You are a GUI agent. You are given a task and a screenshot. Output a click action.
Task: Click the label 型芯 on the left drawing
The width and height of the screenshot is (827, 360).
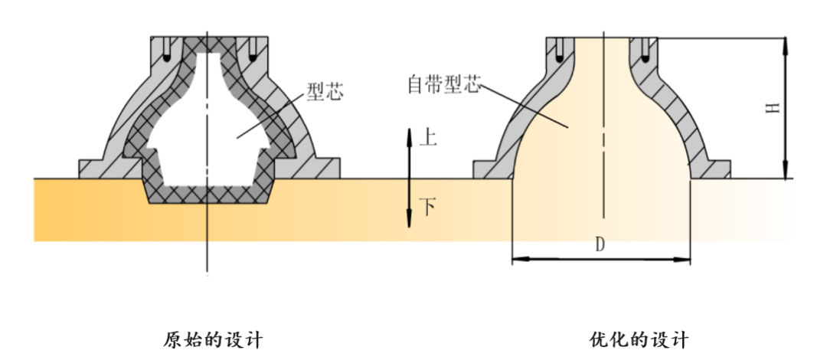[x=325, y=93]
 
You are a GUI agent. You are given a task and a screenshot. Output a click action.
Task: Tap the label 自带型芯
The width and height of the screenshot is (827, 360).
[x=444, y=84]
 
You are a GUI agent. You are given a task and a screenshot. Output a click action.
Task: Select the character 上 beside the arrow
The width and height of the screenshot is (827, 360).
[x=427, y=138]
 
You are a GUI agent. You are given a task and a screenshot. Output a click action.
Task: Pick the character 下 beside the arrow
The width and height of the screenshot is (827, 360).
[x=427, y=207]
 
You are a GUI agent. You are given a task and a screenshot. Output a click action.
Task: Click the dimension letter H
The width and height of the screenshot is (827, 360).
[x=773, y=108]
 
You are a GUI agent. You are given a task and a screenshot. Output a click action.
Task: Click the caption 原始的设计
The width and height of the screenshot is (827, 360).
[x=213, y=339]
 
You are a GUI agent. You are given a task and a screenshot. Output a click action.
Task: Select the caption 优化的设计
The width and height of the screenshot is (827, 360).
[x=639, y=339]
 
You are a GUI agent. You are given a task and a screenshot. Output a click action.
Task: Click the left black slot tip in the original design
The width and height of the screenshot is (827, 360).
[x=167, y=58]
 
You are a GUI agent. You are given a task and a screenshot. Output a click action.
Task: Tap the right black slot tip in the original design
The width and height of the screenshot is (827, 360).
[x=252, y=58]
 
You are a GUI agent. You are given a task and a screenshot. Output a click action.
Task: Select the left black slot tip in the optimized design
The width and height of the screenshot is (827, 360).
[x=560, y=58]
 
